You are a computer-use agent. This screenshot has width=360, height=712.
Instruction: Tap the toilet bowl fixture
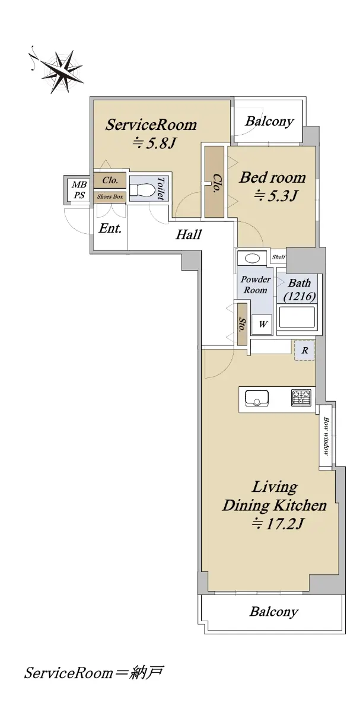(x=142, y=190)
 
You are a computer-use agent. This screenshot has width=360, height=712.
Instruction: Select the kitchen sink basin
(x=256, y=398)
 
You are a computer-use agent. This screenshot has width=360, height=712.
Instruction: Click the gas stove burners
(x=301, y=398)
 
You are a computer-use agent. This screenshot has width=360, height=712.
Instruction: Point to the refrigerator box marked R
(x=304, y=350)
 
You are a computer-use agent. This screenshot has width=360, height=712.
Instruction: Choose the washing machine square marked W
(x=262, y=325)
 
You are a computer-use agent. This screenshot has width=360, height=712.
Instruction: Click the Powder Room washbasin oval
(x=253, y=258)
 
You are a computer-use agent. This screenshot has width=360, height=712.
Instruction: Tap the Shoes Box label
(x=110, y=197)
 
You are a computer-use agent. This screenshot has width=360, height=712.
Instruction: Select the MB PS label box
(x=78, y=190)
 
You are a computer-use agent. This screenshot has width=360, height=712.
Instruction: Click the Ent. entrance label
(x=110, y=228)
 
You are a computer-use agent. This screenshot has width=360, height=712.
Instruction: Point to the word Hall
(x=189, y=235)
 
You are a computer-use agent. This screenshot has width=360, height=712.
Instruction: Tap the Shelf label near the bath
(x=278, y=257)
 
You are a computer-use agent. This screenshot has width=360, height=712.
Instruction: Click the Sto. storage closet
(x=242, y=325)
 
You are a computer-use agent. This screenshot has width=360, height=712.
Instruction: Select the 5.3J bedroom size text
(x=275, y=196)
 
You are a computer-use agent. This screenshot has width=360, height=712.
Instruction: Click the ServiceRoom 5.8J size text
(x=154, y=144)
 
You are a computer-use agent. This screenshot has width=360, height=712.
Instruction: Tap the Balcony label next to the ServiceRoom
(x=269, y=122)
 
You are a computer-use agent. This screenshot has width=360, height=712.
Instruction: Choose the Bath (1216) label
(x=300, y=290)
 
